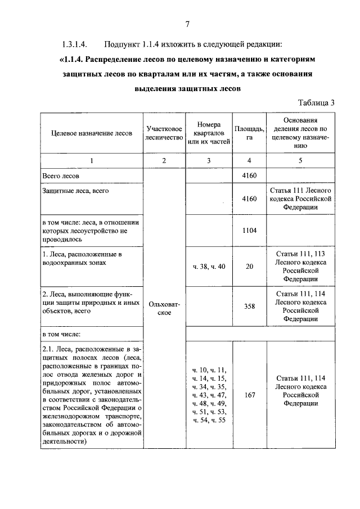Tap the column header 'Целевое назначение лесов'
92,133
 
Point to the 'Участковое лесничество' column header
164,133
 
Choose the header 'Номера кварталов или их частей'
209,133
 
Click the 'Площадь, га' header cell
250,133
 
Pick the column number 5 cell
300,161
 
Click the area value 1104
249,231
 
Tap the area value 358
250,307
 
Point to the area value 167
250,395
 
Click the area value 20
250,267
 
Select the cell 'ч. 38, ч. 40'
209,267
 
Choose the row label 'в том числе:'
61,335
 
